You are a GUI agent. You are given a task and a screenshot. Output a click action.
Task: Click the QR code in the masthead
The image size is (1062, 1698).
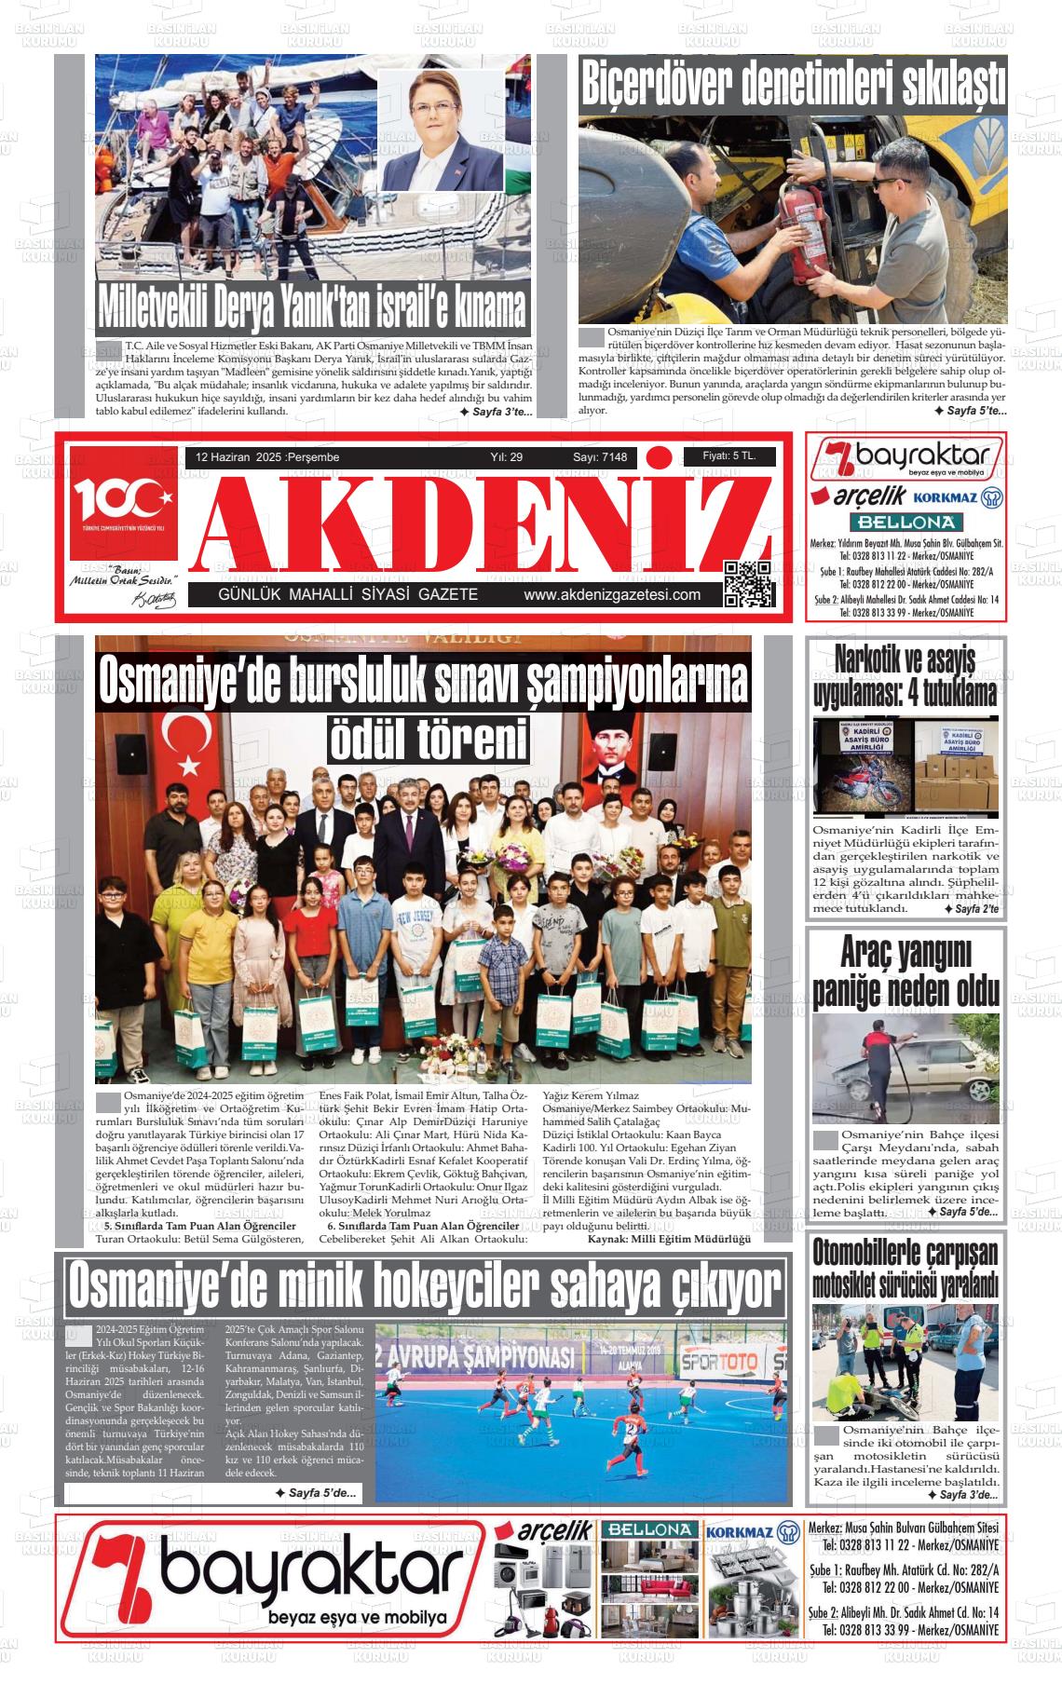click(748, 584)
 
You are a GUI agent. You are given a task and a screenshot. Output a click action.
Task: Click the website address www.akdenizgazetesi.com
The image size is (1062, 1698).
click(612, 595)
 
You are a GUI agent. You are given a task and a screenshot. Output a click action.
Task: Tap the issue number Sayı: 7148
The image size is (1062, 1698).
click(600, 457)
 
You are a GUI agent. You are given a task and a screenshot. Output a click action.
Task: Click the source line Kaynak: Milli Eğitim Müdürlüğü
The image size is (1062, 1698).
click(668, 1239)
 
